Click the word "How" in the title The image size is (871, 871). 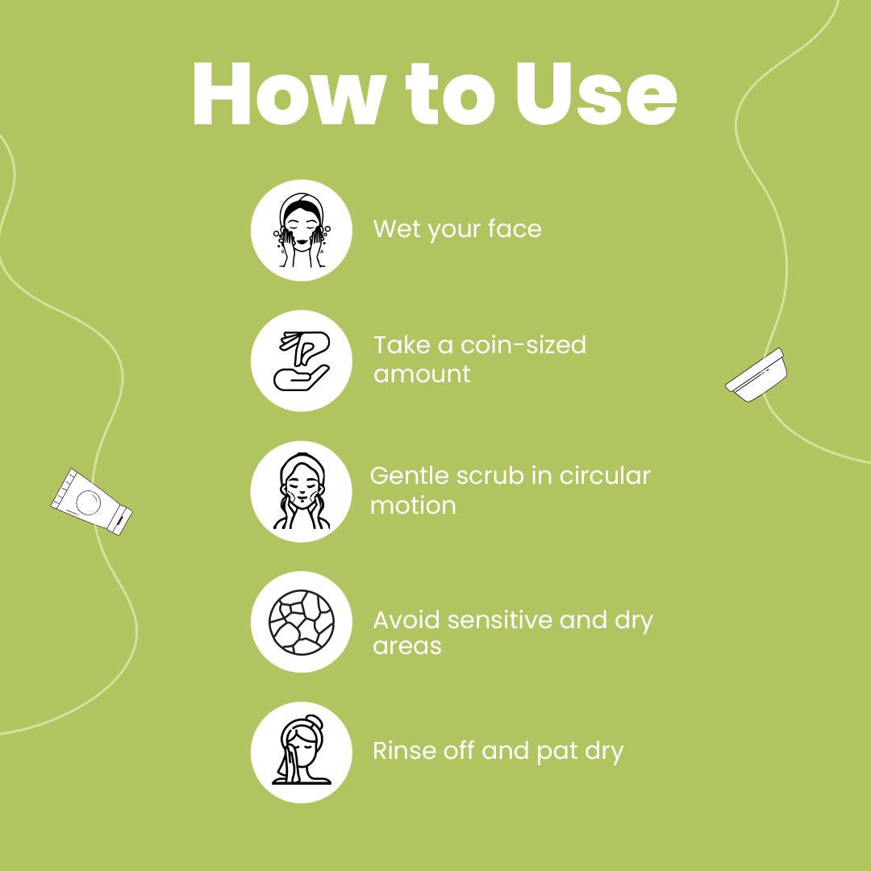point(288,94)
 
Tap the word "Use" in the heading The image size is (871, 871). point(595,94)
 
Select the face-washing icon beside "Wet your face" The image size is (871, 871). point(302,230)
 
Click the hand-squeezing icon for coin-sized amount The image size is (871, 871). point(302,361)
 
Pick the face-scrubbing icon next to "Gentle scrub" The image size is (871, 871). point(302,492)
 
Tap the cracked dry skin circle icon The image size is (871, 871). point(302,622)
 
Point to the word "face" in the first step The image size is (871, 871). point(515,228)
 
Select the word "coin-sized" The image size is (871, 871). point(523,345)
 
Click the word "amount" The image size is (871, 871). point(422,374)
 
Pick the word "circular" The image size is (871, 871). point(604,476)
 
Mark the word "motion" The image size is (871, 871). point(413,506)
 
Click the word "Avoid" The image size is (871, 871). point(406,620)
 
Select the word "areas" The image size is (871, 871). point(407,647)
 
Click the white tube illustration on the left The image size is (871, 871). point(92,502)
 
